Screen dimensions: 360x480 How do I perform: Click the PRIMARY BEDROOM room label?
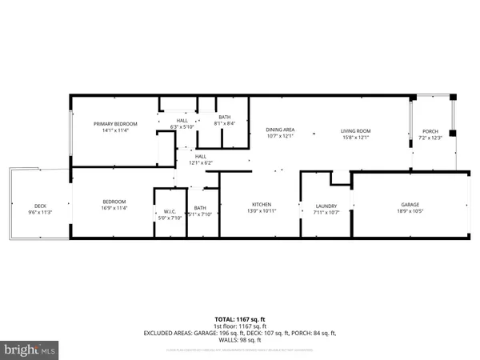115,124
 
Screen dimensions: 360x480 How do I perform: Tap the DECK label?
40,206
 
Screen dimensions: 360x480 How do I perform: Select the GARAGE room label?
410,204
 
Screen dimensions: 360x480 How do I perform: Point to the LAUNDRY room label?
326,206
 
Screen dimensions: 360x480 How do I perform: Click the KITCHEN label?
262,204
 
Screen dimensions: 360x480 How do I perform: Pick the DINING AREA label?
280,130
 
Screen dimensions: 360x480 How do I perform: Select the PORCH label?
430,131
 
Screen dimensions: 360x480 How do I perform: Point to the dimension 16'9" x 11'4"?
115,208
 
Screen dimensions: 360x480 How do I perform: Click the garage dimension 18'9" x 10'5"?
410,210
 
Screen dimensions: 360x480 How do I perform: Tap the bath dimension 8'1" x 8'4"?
225,124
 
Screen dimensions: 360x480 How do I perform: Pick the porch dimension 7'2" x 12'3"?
430,138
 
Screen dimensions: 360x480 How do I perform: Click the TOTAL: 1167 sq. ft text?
239,319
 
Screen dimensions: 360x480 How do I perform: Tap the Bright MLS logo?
30,350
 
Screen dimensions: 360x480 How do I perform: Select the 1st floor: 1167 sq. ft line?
239,326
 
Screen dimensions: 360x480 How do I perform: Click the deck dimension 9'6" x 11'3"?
40,213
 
